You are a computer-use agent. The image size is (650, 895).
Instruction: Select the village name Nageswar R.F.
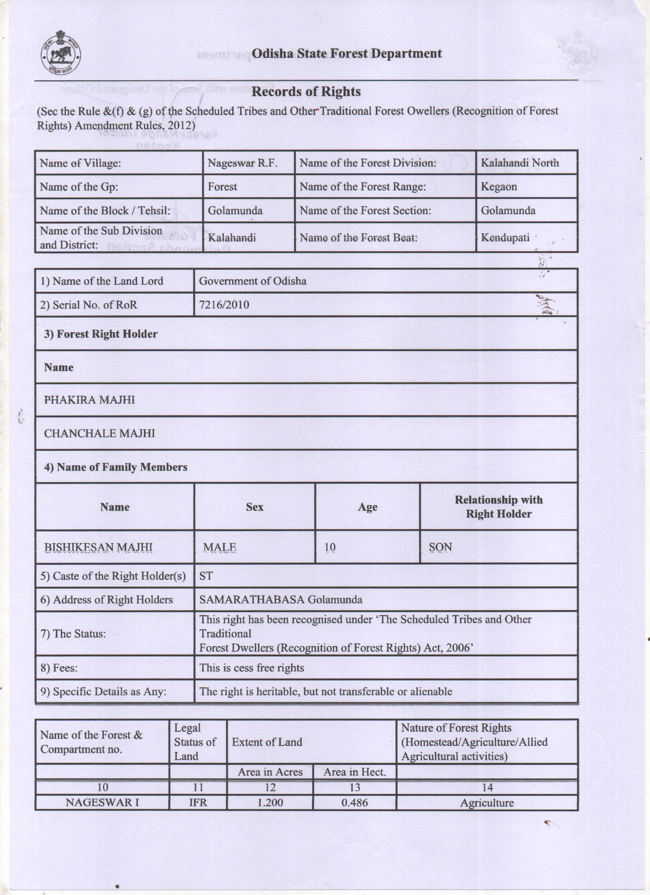(x=243, y=163)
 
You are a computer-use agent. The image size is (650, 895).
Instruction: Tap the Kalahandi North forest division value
(x=519, y=163)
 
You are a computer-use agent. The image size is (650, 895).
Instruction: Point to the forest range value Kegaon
(x=499, y=187)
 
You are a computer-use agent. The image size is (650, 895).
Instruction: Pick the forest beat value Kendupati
(x=505, y=238)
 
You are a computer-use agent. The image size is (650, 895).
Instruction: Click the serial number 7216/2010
(x=224, y=305)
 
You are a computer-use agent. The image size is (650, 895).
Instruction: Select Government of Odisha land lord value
(x=252, y=281)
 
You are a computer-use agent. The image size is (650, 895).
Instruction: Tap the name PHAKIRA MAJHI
(x=89, y=400)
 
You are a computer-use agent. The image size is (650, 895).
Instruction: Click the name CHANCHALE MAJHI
(x=99, y=433)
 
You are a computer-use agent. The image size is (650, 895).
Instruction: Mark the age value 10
(x=330, y=547)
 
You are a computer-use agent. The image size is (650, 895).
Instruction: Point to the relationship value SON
(x=440, y=547)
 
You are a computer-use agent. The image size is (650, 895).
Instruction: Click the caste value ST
(x=206, y=576)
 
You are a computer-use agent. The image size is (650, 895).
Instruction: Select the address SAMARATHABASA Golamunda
(x=280, y=600)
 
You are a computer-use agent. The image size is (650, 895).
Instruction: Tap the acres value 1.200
(x=270, y=803)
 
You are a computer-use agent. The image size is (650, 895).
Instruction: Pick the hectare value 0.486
(x=355, y=803)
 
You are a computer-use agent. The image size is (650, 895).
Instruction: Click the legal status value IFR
(x=198, y=803)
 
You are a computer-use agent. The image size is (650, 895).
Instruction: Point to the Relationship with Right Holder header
(x=499, y=507)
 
